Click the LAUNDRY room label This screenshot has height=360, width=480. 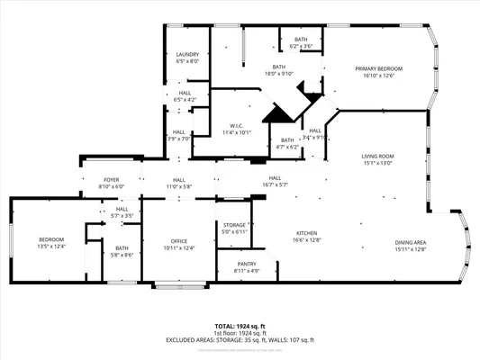coord(187,55)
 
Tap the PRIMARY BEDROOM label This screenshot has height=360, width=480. coord(378,69)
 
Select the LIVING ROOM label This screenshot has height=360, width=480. coord(378,157)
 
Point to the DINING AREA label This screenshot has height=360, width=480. coord(411,243)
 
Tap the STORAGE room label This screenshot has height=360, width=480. coord(235,225)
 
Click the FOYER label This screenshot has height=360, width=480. coord(111,180)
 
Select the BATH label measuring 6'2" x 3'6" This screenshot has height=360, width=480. coord(300,40)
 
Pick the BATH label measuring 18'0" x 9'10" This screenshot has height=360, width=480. coord(281,67)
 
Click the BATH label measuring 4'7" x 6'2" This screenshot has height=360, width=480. coord(286,140)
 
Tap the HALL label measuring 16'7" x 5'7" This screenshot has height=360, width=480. coord(275,178)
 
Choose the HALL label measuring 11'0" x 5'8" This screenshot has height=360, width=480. coord(179,180)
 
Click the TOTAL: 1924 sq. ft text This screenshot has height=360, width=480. coord(240,325)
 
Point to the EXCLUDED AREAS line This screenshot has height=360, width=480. coord(240,339)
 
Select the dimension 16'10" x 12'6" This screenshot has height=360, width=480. coord(378,76)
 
